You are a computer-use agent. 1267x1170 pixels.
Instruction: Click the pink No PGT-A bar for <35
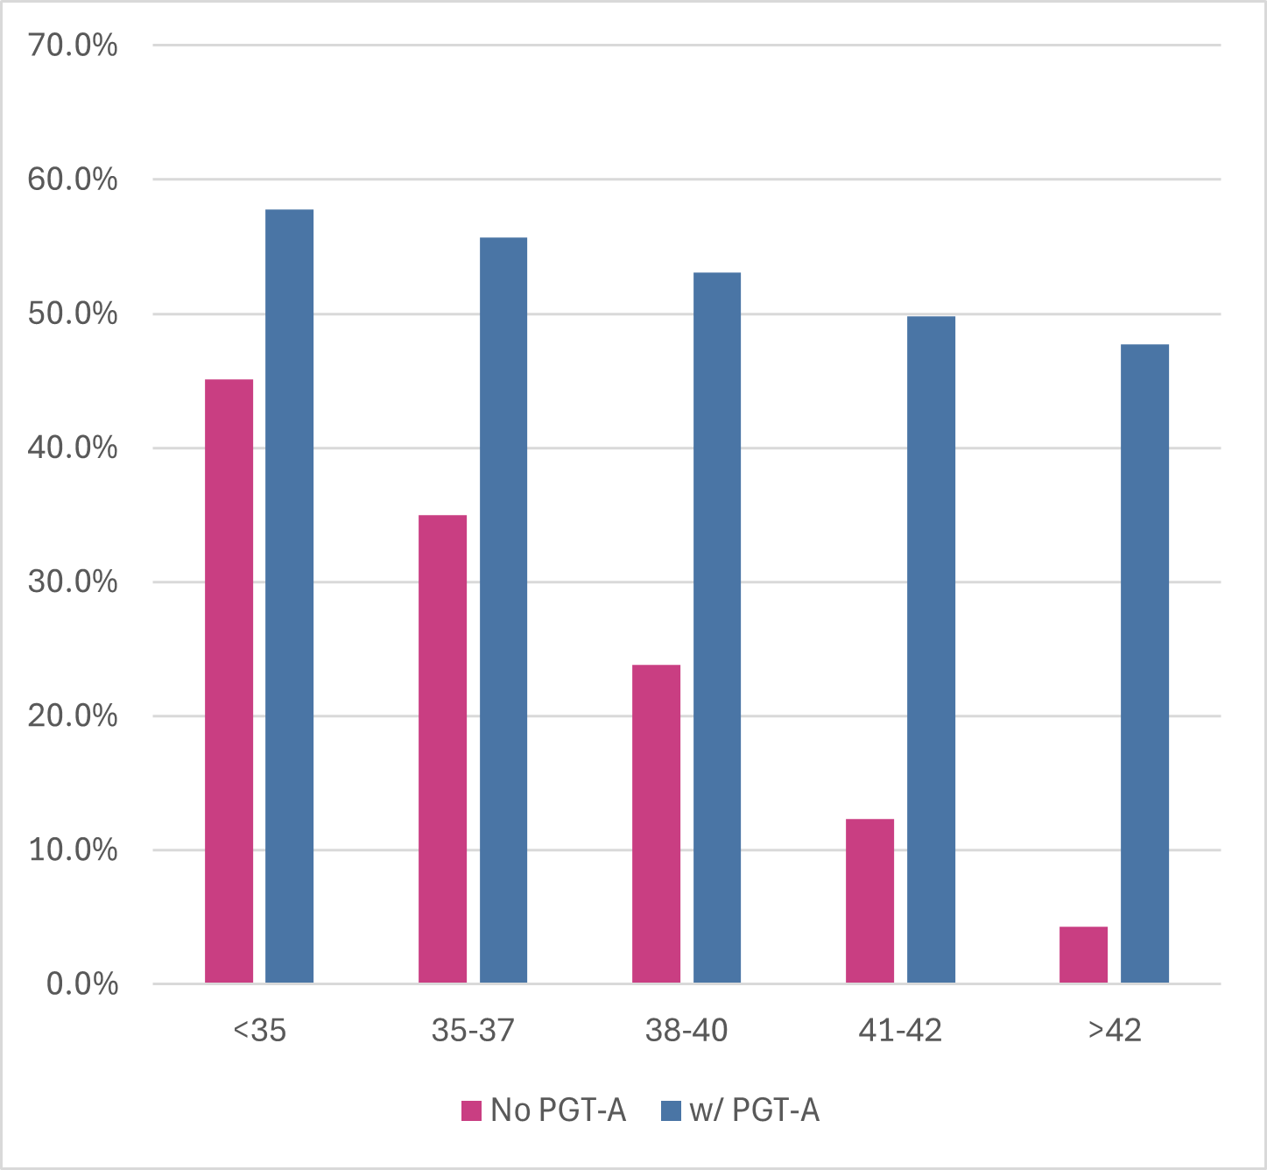pos(229,681)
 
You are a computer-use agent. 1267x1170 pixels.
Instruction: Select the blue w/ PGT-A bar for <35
pos(289,596)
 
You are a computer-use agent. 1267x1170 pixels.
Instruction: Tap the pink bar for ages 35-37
pos(442,749)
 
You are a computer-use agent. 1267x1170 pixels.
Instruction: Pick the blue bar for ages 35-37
pos(503,610)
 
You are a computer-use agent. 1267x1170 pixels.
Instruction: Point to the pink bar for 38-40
pos(656,824)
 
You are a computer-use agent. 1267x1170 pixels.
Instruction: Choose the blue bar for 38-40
pos(717,628)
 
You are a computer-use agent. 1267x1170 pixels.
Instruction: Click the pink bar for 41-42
pos(869,901)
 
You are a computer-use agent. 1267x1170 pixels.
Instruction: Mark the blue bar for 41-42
pos(931,650)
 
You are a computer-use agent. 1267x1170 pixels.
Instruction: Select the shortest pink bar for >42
pos(1083,955)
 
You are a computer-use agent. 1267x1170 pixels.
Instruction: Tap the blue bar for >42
pos(1144,664)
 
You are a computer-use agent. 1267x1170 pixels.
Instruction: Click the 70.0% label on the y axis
pos(73,46)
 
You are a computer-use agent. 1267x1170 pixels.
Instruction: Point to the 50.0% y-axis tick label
pos(73,314)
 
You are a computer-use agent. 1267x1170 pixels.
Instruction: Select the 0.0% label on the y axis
pos(82,984)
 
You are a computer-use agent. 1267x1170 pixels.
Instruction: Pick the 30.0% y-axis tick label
pos(73,582)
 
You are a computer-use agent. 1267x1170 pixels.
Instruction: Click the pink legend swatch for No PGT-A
pos(472,1111)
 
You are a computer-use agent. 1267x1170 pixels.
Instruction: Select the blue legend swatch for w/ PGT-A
pos(671,1111)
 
